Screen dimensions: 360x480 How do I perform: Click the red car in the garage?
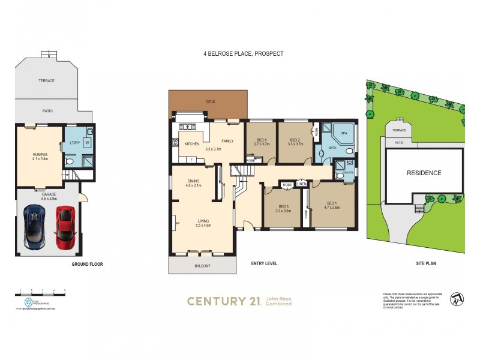click(x=64, y=227)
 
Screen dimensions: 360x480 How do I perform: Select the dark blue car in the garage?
click(x=34, y=227)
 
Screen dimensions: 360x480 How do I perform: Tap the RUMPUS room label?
click(x=39, y=154)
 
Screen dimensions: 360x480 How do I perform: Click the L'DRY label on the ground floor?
click(x=75, y=143)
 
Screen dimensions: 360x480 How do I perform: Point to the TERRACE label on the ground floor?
click(x=47, y=81)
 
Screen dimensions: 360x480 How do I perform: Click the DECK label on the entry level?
click(x=210, y=102)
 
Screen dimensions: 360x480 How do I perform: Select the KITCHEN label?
click(x=192, y=144)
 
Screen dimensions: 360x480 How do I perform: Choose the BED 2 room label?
click(x=294, y=140)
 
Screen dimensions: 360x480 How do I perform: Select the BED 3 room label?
click(x=283, y=206)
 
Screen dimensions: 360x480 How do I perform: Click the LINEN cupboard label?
click(x=301, y=184)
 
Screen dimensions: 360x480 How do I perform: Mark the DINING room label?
click(x=193, y=181)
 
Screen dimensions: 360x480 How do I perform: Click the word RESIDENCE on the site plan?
click(x=424, y=173)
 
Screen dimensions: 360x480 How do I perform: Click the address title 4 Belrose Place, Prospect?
click(x=243, y=53)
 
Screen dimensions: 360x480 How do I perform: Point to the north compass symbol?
click(x=458, y=298)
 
